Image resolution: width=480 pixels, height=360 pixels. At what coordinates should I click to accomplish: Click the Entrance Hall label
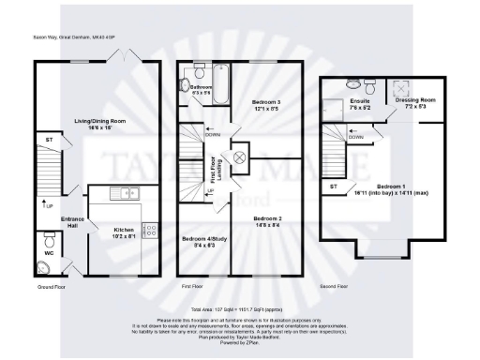click(74, 223)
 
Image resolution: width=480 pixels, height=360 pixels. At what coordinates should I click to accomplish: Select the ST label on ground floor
click(49, 139)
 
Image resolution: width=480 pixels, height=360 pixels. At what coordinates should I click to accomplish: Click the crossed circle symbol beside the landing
click(238, 157)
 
